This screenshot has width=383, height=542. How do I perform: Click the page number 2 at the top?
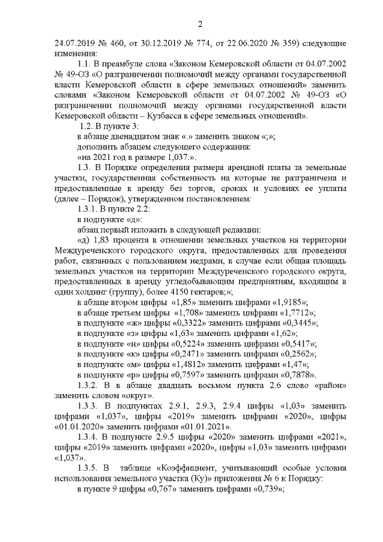200,24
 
